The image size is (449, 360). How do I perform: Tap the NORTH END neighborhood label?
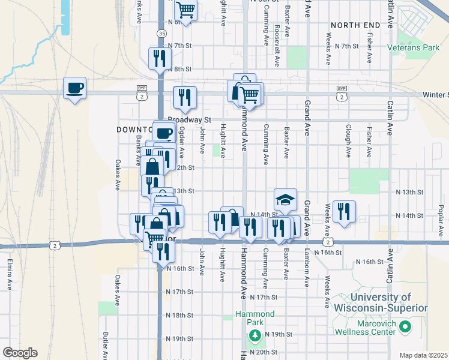[355, 25]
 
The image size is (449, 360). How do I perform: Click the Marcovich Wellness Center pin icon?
[405, 327]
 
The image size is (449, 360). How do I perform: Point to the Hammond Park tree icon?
[255, 334]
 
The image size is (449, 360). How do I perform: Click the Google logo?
[20, 353]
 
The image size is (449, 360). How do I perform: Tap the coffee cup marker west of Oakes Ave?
[74, 88]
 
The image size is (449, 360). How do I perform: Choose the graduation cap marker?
[286, 199]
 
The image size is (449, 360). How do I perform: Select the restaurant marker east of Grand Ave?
[344, 211]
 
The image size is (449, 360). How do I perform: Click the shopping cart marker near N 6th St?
[186, 10]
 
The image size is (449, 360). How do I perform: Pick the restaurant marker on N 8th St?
[160, 59]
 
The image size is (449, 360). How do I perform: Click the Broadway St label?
[190, 120]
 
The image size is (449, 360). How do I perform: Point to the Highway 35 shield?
[162, 34]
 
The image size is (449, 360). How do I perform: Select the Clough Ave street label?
[348, 140]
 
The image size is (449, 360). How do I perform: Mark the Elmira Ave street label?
[10, 273]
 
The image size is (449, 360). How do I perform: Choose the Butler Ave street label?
[105, 345]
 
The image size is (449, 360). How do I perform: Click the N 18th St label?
[179, 315]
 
